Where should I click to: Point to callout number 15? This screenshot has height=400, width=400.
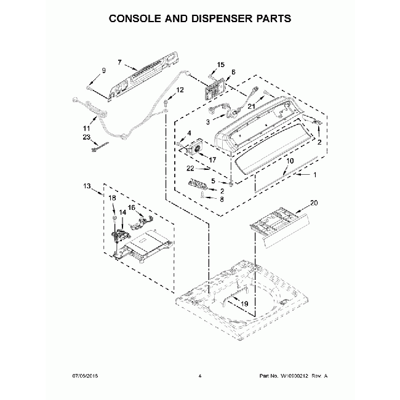coord(221,65)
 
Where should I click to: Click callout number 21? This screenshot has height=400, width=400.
coord(251,106)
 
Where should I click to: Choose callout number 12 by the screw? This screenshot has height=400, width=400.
coord(180,90)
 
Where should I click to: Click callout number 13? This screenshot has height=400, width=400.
coord(87,185)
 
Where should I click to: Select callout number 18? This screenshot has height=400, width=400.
coord(112,198)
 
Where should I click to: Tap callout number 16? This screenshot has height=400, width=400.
coord(131,207)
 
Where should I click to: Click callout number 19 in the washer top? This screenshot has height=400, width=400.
coord(243,303)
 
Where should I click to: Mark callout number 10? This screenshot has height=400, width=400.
coord(290,160)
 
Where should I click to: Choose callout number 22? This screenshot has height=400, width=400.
coord(191,168)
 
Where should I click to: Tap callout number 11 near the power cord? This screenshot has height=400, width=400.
coord(86,127)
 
